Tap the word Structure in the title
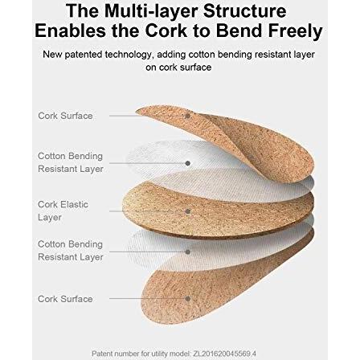click(x=244, y=11)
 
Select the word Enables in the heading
click(x=71, y=31)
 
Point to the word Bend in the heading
click(x=239, y=31)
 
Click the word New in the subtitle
click(x=52, y=55)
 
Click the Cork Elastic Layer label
click(x=63, y=211)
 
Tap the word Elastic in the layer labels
click(x=76, y=204)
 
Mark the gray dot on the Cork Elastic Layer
click(x=188, y=211)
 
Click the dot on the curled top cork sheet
click(x=188, y=116)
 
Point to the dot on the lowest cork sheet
click(x=188, y=298)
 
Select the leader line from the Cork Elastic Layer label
click(x=147, y=211)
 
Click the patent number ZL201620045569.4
click(x=223, y=354)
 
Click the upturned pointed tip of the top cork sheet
click(x=137, y=112)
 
